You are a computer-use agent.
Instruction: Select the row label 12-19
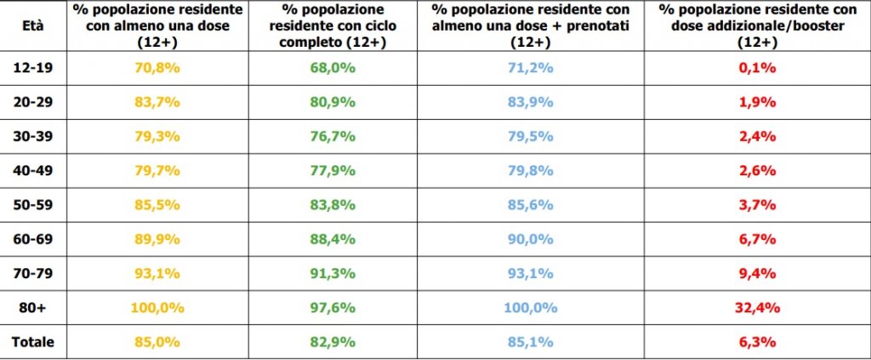[33, 67]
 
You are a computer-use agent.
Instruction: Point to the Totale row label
[33, 341]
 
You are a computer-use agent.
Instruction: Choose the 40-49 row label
[33, 170]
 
